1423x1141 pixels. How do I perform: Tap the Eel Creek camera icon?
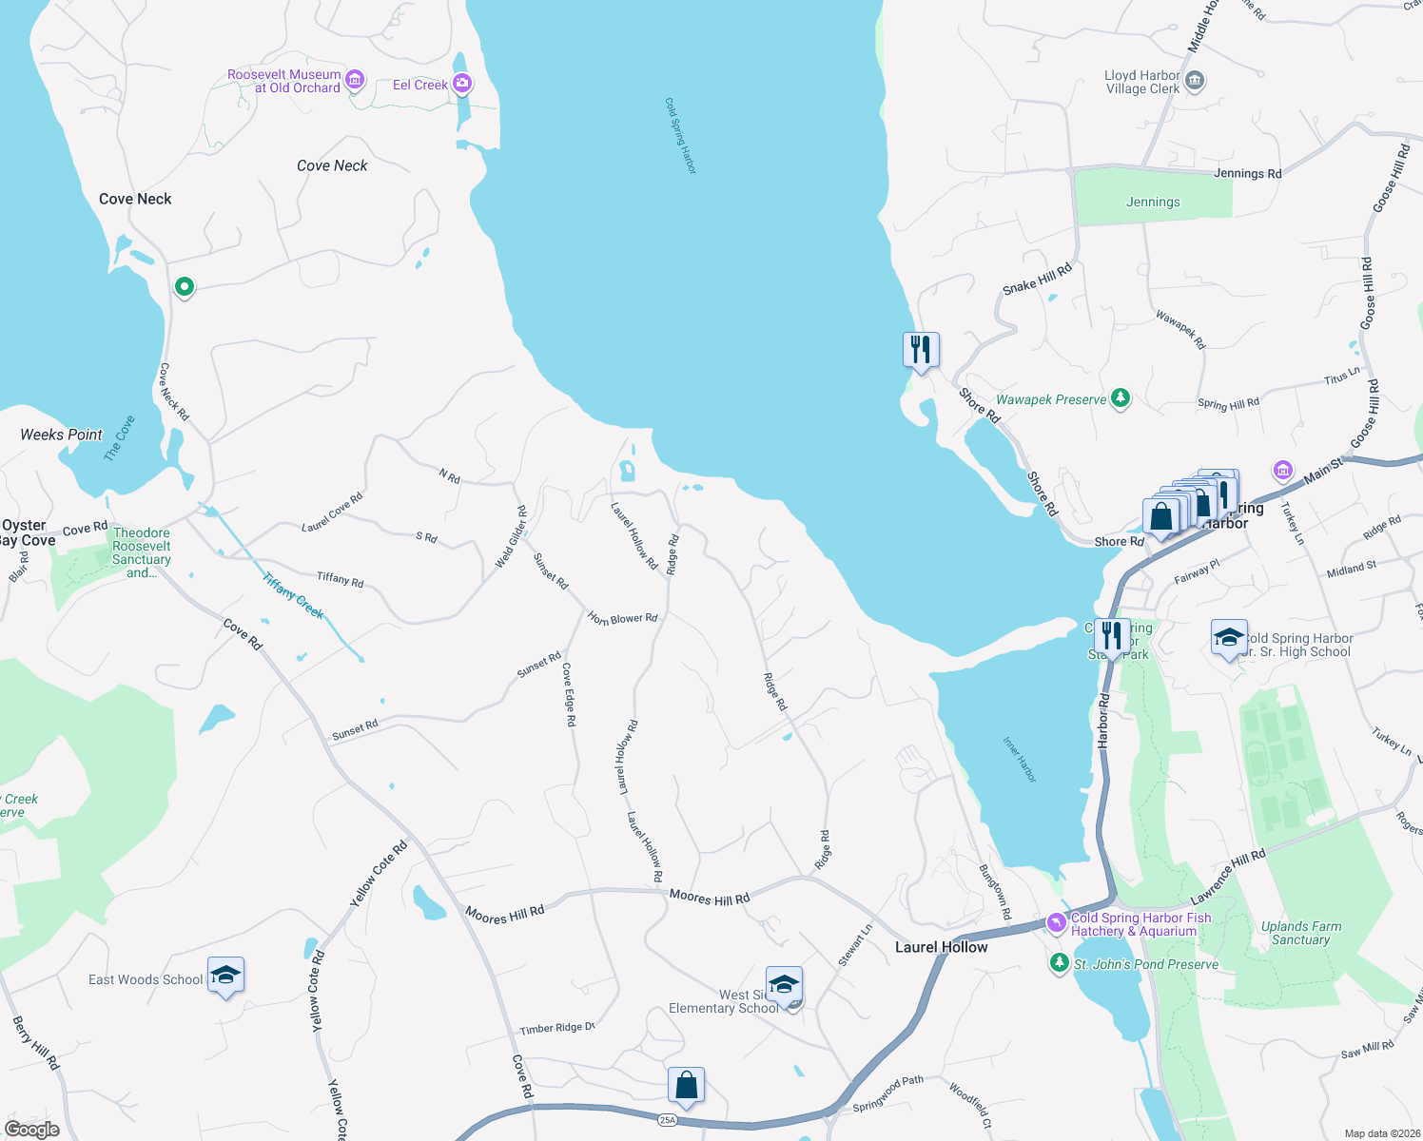coord(462,84)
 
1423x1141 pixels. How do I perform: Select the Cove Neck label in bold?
coord(135,199)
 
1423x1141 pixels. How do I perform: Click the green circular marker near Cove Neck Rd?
coord(185,285)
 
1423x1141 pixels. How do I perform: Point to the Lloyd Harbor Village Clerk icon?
coord(1196,81)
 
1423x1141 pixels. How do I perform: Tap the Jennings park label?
coord(1153,202)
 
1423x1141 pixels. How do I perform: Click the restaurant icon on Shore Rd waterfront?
coord(921,349)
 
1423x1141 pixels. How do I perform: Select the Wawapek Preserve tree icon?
coord(1121,398)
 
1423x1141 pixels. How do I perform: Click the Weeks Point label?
coord(61,435)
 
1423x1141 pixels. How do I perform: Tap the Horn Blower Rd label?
coord(623,618)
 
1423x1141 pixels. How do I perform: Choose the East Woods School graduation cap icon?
coord(225,975)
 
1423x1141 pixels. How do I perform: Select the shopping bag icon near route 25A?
coord(686,1084)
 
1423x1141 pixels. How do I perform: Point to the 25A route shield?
coord(668,1120)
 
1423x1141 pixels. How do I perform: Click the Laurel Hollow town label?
coord(941,947)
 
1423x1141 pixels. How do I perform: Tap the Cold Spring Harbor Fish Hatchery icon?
coord(1056,922)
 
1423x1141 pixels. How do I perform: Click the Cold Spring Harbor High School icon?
coord(1229,638)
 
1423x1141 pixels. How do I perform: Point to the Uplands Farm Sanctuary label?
coord(1300,933)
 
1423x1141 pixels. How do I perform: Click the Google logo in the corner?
coord(32,1129)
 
